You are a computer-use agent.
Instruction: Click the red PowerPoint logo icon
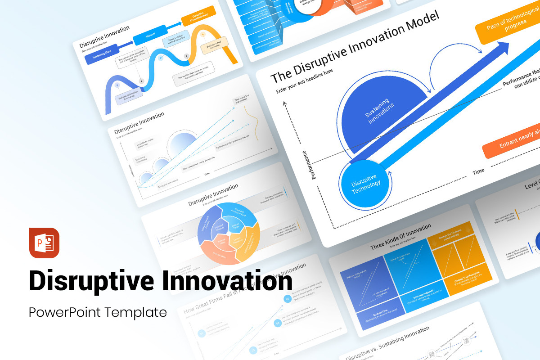click(44, 243)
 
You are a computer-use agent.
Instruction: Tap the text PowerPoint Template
click(98, 312)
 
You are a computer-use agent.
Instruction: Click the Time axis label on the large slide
click(478, 171)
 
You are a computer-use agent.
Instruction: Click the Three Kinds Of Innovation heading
click(400, 237)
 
